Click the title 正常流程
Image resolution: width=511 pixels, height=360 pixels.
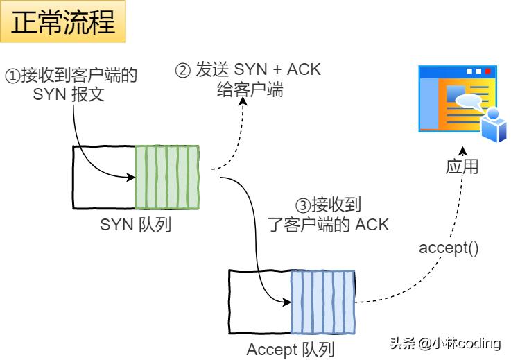pos(63,22)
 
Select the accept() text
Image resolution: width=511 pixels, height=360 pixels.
pos(449,248)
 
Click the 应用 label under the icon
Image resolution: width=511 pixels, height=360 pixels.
pos(461,167)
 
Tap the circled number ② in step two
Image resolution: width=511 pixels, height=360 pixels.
pos(182,70)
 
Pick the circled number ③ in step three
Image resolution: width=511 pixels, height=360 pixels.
pos(302,205)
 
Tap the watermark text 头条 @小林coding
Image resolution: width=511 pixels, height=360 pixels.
pos(444,343)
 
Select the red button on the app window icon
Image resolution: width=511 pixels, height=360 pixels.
pos(489,71)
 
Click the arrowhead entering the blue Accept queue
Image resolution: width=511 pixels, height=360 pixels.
pos(286,302)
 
